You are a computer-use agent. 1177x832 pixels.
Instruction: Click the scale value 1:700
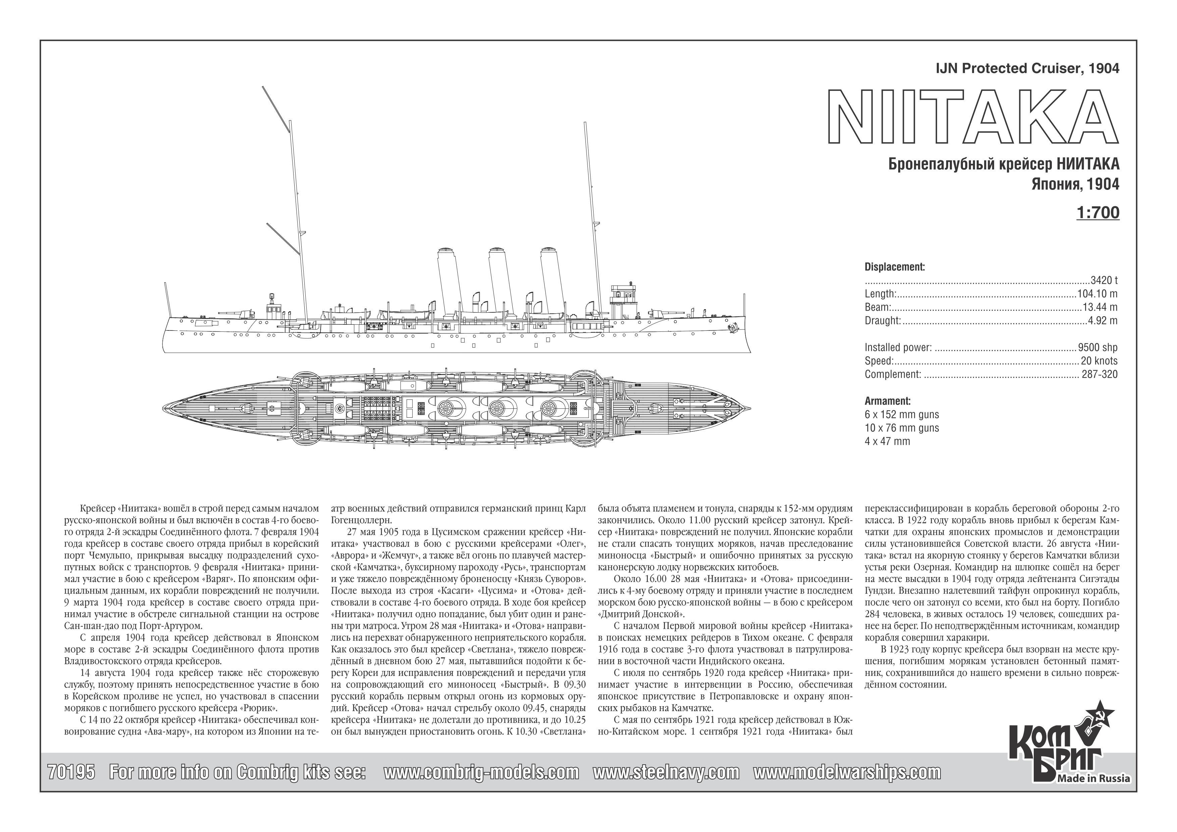(x=1098, y=212)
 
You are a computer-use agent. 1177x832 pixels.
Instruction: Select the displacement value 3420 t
(x=1104, y=280)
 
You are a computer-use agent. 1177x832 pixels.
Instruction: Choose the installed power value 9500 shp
(x=1097, y=347)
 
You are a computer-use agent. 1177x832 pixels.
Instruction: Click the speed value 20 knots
(x=1099, y=360)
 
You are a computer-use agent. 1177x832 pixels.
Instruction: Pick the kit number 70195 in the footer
(x=71, y=772)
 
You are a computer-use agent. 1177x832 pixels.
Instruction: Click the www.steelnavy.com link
(x=666, y=772)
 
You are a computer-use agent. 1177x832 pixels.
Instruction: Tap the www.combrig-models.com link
(x=481, y=772)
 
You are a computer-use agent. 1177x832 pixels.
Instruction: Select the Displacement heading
(x=894, y=267)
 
